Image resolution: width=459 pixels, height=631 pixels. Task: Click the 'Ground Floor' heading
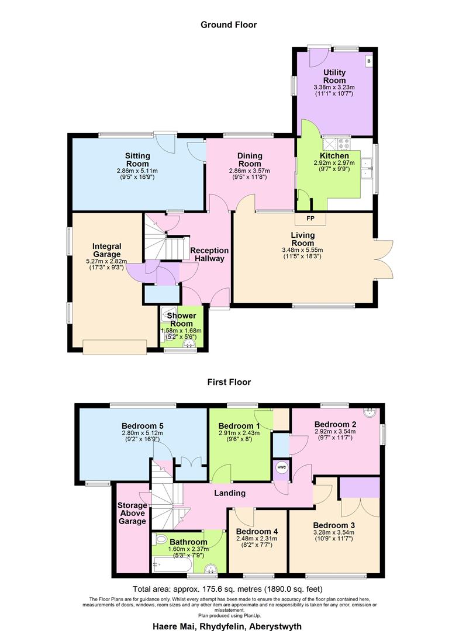(x=229, y=25)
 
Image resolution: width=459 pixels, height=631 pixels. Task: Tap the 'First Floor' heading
(x=229, y=382)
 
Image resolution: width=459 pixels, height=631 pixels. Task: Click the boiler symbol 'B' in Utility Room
(x=368, y=60)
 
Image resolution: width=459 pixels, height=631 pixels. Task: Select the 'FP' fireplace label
(x=310, y=219)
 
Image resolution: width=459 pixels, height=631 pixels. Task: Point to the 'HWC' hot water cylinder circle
(x=281, y=467)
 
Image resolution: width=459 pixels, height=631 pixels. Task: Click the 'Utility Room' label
(x=334, y=76)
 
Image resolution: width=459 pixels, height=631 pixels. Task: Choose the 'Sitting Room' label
(x=137, y=160)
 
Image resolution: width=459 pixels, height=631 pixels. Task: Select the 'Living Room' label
(x=303, y=239)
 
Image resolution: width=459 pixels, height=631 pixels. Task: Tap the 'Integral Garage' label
(x=106, y=250)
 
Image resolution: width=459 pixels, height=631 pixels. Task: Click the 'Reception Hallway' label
(x=209, y=254)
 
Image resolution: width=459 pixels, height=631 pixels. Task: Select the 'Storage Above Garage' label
(x=132, y=513)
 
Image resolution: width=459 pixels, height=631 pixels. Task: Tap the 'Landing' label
(x=229, y=493)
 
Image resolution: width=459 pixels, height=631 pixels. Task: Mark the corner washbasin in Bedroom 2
(x=370, y=413)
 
